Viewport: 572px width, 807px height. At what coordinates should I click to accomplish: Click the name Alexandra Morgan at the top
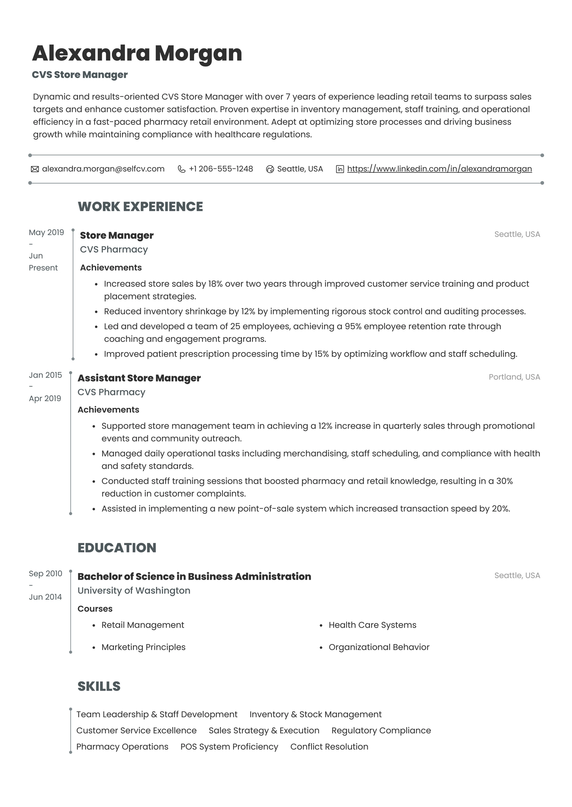(137, 53)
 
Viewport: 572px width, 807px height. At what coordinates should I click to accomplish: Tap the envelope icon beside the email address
(35, 169)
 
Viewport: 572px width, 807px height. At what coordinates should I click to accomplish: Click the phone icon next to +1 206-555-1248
(181, 169)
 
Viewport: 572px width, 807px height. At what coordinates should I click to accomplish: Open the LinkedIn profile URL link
(439, 169)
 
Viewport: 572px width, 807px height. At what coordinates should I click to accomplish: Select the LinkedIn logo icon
(340, 169)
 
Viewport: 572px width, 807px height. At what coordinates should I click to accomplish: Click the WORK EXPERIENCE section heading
(140, 207)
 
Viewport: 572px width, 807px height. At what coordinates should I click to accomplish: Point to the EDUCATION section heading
(117, 548)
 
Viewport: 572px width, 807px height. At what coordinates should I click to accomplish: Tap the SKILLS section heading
(99, 686)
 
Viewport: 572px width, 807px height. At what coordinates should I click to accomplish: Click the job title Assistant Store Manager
(139, 378)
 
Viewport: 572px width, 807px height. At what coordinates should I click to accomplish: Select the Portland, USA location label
(514, 377)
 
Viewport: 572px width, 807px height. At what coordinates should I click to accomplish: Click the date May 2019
(46, 232)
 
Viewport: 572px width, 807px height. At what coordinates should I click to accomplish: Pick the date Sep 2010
(45, 573)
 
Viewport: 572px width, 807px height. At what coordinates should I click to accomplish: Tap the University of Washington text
(134, 590)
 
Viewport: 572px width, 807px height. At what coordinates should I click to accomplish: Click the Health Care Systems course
(372, 625)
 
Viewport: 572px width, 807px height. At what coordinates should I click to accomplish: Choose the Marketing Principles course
(143, 647)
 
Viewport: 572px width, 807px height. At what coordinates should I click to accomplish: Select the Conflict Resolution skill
(329, 747)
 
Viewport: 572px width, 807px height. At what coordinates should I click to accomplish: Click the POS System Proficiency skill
(229, 747)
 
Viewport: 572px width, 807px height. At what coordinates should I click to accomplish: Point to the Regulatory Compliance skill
(381, 731)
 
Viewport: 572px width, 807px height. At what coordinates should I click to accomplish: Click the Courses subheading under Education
(95, 609)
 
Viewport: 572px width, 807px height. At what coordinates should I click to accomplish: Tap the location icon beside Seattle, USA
(270, 169)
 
